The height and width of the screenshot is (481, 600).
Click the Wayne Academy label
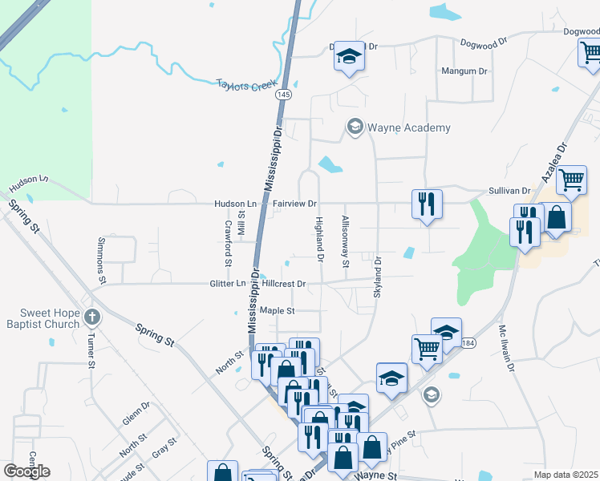click(x=409, y=127)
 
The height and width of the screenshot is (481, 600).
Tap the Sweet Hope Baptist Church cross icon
click(x=91, y=317)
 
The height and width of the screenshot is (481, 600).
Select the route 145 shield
click(x=282, y=95)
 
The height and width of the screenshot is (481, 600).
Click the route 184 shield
click(x=468, y=343)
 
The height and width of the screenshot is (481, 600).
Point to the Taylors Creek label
click(x=247, y=84)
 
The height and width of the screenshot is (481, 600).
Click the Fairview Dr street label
click(x=295, y=204)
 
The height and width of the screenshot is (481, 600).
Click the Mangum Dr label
click(x=465, y=71)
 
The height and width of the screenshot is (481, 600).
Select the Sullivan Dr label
click(x=510, y=192)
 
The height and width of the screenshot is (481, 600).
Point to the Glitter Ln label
click(x=229, y=284)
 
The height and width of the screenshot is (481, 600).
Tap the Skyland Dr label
click(x=377, y=273)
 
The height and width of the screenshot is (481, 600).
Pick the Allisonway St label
click(x=346, y=241)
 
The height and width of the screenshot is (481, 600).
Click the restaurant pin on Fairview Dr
click(x=426, y=204)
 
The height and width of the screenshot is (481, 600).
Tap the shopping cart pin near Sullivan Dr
click(x=571, y=181)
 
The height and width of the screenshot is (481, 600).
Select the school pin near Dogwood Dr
click(x=349, y=56)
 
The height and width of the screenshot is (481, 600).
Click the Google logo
click(x=27, y=471)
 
